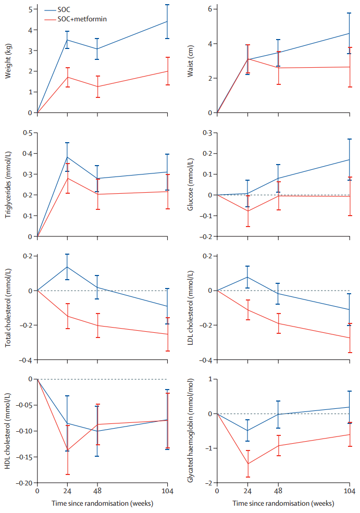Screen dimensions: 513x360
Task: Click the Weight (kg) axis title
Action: point(8,61)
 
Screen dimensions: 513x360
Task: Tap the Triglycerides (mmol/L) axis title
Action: point(8,185)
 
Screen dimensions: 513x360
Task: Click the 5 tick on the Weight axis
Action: point(30,9)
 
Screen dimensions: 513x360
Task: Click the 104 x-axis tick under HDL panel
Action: point(167,491)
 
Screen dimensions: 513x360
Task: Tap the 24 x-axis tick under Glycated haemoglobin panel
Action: point(248,491)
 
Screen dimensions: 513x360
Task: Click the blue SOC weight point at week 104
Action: point(167,21)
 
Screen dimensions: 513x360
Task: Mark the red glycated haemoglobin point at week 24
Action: point(248,464)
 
